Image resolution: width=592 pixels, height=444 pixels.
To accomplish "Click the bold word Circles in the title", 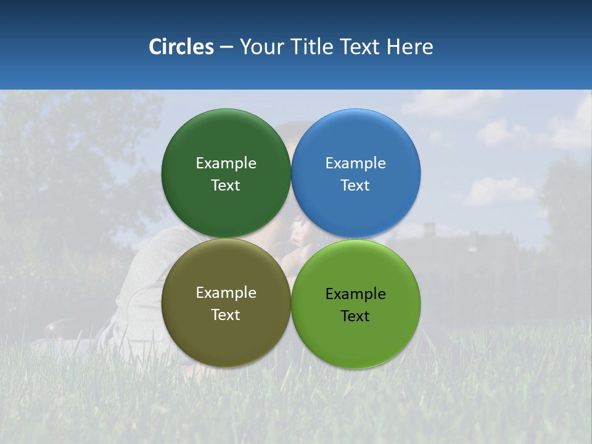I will coord(181,47).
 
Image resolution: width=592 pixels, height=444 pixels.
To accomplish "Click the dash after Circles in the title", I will coord(226,47).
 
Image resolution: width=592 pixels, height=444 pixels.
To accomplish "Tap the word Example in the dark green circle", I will coord(226,163).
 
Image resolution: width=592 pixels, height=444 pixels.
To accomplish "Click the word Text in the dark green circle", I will coord(226,186).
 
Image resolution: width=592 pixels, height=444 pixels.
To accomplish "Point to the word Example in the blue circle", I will coord(355,163).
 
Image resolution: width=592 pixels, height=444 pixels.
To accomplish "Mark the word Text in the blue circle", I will coord(355,186).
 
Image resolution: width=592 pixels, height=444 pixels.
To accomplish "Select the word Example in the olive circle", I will coord(226,293).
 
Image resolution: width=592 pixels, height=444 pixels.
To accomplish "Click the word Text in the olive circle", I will coord(226,315).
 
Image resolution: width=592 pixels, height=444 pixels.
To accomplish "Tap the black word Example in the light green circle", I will coord(355,294).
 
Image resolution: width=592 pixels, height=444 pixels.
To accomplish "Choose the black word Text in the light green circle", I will coord(355,316).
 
